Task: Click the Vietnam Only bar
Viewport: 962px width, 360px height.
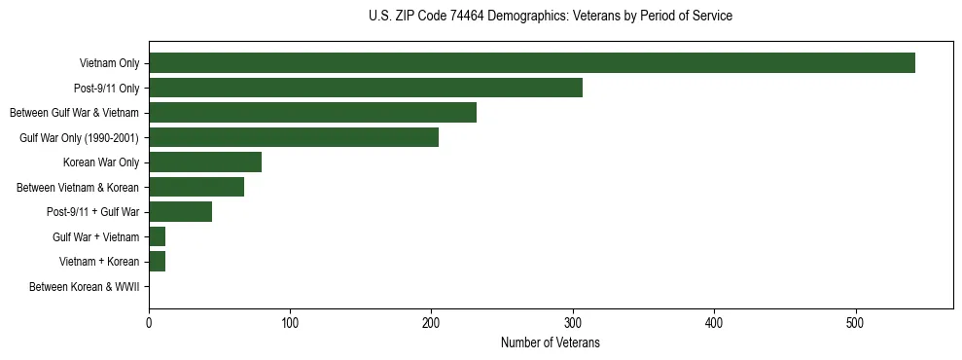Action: pyautogui.click(x=532, y=63)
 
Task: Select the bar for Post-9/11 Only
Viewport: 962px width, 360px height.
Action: pyautogui.click(x=366, y=88)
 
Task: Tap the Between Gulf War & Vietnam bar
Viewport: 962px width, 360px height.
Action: pyautogui.click(x=312, y=113)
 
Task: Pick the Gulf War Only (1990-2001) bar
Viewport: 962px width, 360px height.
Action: pyautogui.click(x=294, y=137)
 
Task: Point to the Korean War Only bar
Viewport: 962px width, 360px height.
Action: pyautogui.click(x=205, y=162)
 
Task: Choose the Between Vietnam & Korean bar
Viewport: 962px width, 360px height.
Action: pyautogui.click(x=196, y=187)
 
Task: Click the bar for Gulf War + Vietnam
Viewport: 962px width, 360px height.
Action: pyautogui.click(x=158, y=236)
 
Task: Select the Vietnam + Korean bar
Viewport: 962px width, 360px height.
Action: pyautogui.click(x=158, y=262)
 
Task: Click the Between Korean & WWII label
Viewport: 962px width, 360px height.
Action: pyautogui.click(x=84, y=287)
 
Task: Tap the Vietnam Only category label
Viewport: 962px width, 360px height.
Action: pyautogui.click(x=109, y=64)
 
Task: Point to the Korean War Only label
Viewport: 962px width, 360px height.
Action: pyautogui.click(x=101, y=162)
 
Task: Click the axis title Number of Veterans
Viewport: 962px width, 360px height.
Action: pyautogui.click(x=551, y=342)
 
